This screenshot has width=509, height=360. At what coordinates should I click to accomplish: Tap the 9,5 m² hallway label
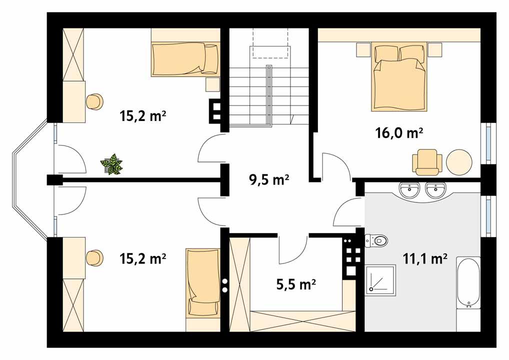click(x=269, y=179)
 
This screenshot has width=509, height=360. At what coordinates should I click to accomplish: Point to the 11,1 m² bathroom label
click(x=425, y=258)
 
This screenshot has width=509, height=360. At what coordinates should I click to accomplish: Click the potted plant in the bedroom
click(x=111, y=164)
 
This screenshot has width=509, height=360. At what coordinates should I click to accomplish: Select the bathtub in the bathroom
click(x=468, y=283)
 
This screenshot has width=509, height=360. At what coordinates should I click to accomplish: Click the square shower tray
click(x=380, y=280)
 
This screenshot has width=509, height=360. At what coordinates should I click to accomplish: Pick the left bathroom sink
click(x=409, y=189)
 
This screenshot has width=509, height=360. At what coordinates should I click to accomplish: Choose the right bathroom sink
click(x=435, y=189)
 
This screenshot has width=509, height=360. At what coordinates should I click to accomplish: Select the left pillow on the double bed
click(x=385, y=53)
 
